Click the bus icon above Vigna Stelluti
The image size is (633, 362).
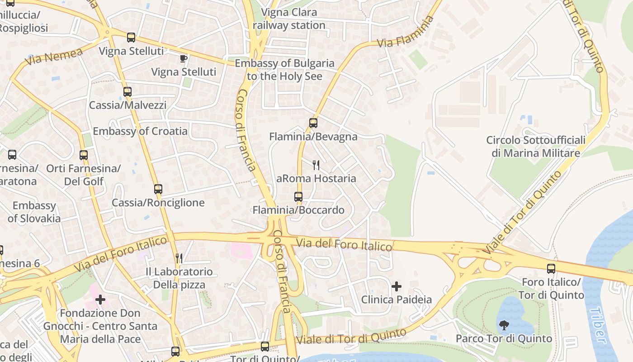tap(131, 38)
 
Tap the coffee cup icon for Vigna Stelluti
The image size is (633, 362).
tap(183, 58)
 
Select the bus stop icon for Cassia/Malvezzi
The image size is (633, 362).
tap(128, 92)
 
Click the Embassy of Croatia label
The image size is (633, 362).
tap(140, 131)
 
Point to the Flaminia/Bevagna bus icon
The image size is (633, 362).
tap(313, 123)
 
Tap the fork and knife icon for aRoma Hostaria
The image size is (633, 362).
tap(316, 165)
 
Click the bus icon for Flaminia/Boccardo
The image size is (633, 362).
tap(298, 196)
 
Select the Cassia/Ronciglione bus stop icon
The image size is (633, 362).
tap(158, 189)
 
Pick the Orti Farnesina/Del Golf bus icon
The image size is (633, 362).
tap(84, 155)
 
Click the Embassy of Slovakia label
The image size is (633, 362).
tap(34, 212)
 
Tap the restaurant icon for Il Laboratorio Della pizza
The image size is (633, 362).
tap(179, 258)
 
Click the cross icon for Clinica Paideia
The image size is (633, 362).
tap(397, 286)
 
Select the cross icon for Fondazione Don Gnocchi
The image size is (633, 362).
tap(100, 300)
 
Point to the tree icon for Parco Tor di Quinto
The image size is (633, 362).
tap(504, 325)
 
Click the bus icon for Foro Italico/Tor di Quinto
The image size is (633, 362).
tap(551, 269)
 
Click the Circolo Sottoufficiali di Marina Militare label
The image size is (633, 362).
tap(536, 147)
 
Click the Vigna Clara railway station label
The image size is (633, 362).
tap(289, 19)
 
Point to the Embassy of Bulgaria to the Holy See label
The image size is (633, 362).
tap(285, 70)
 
